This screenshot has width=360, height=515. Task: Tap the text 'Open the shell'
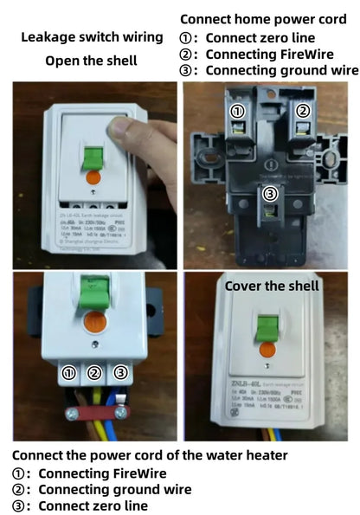pyautogui.click(x=91, y=61)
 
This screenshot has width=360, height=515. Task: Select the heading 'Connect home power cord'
pyautogui.click(x=263, y=18)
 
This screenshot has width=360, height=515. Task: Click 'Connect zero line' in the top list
pyautogui.click(x=257, y=37)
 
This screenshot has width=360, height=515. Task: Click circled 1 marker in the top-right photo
pyautogui.click(x=238, y=111)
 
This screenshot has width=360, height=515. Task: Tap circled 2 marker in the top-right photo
pyautogui.click(x=303, y=111)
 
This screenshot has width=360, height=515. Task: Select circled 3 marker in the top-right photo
pyautogui.click(x=270, y=194)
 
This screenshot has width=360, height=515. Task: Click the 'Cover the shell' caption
pyautogui.click(x=271, y=286)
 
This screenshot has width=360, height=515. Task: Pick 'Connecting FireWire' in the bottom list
pyautogui.click(x=102, y=473)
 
